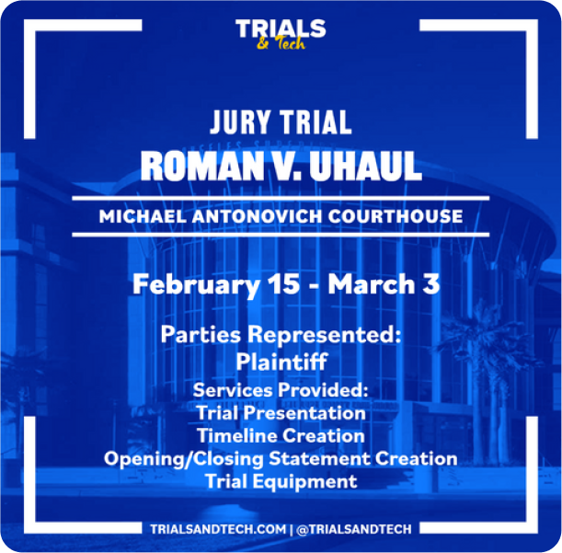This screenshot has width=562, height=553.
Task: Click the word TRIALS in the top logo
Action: tap(281, 29)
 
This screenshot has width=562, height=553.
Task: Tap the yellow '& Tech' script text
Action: tap(281, 44)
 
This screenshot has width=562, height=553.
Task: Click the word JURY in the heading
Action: tap(240, 122)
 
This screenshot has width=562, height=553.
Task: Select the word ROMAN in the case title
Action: tap(201, 166)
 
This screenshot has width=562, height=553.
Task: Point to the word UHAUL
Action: tap(365, 166)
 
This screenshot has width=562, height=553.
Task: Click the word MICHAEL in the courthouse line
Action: tap(143, 216)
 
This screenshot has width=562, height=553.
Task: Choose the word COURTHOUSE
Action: tap(396, 216)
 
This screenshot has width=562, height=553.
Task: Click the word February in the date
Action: tap(196, 284)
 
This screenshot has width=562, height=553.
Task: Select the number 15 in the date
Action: tap(284, 284)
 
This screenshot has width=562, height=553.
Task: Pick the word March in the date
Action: tap(372, 284)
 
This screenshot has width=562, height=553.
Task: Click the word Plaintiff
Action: tap(281, 361)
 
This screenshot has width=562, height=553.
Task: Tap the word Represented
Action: tap(325, 335)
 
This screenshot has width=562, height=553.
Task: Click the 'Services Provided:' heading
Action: tap(281, 390)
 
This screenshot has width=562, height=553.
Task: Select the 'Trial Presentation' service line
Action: tap(281, 413)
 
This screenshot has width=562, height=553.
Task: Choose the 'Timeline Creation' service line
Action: tap(281, 436)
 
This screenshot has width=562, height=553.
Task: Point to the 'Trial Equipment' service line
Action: tap(281, 481)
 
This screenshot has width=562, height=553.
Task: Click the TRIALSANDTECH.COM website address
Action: tap(218, 529)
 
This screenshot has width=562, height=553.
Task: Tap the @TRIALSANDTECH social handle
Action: tap(354, 529)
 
